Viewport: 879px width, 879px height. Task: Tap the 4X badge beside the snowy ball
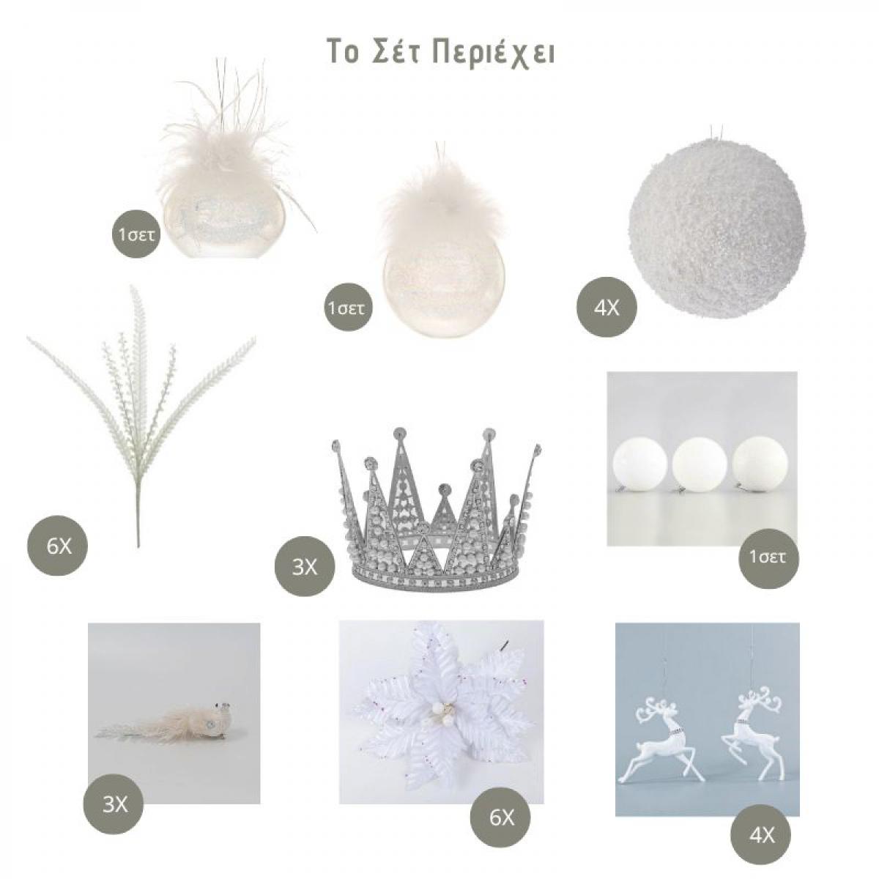pyautogui.click(x=607, y=308)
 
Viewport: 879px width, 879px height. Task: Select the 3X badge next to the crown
pyautogui.click(x=304, y=567)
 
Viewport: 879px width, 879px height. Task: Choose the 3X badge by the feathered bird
pyautogui.click(x=114, y=804)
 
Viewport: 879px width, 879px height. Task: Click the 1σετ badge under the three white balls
pyautogui.click(x=768, y=558)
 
